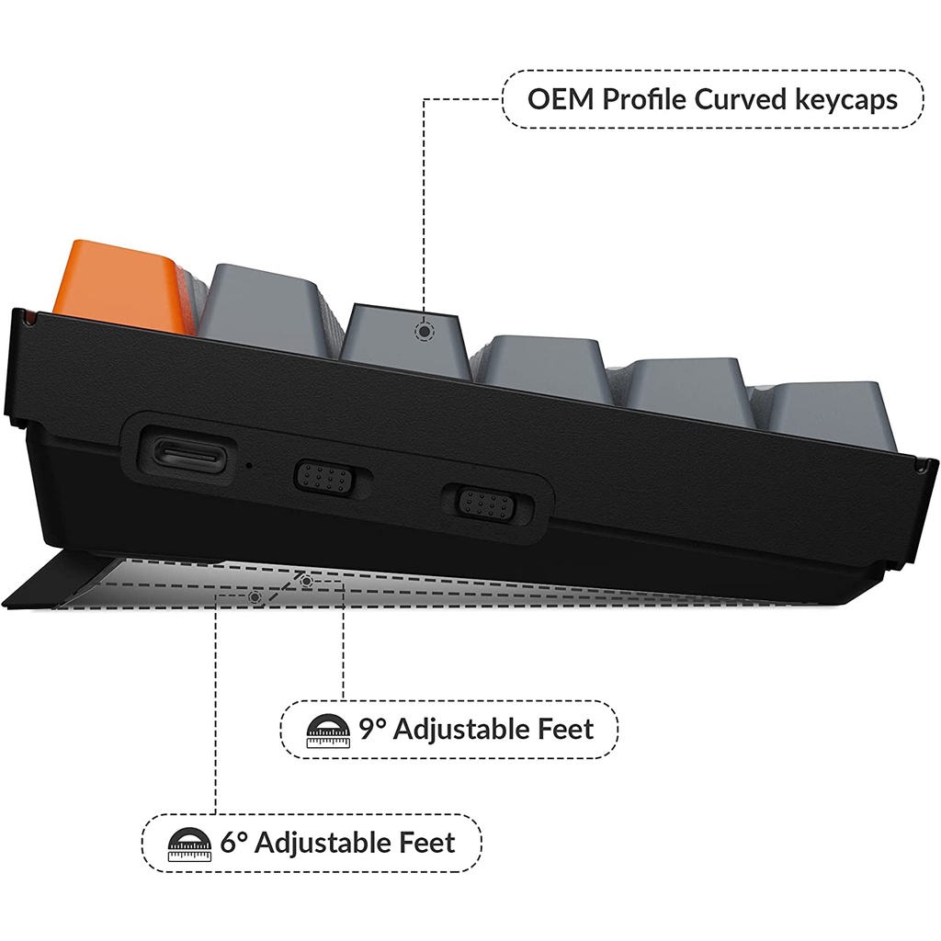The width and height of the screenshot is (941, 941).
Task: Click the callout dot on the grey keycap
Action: point(423,332)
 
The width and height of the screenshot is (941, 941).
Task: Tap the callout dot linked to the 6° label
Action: point(255,597)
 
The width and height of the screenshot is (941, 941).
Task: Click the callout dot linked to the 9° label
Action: point(306,582)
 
